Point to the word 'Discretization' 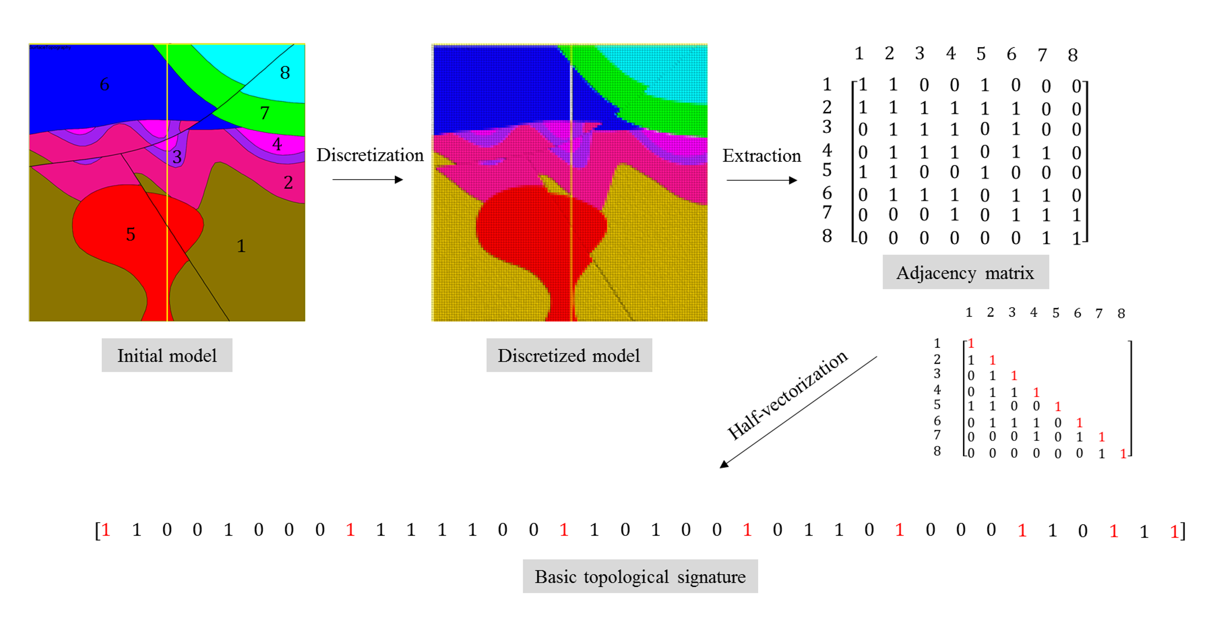click(x=370, y=155)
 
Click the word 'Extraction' click(x=762, y=156)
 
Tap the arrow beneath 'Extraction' click(x=762, y=180)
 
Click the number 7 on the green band click(x=265, y=113)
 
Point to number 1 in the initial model click(x=241, y=246)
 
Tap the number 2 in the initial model click(x=288, y=183)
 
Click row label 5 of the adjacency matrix click(x=827, y=170)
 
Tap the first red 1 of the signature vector click(x=106, y=530)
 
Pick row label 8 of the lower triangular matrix click(x=937, y=451)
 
